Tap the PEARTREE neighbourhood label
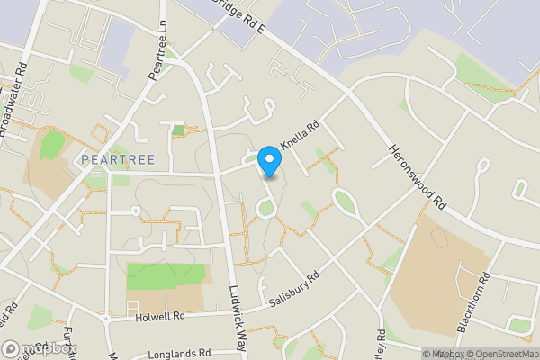(118, 159)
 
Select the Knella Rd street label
(301, 137)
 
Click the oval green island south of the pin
(265, 210)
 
